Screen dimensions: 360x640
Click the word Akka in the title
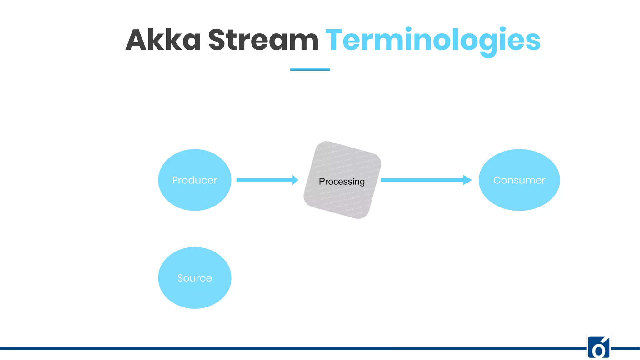163,40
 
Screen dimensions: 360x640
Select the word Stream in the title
263,40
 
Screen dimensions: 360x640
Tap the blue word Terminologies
433,40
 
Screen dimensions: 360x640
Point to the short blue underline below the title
310,69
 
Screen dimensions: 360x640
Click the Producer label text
194,180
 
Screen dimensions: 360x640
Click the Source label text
194,278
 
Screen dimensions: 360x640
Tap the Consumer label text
519,180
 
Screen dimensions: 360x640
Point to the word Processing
342,182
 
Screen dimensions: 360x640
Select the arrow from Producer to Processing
264,180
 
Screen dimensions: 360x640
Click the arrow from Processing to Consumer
422,180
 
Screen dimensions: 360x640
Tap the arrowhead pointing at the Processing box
295,180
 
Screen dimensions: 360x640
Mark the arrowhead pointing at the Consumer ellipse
467,180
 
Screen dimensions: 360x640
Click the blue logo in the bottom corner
599,347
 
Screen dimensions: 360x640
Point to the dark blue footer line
281,348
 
